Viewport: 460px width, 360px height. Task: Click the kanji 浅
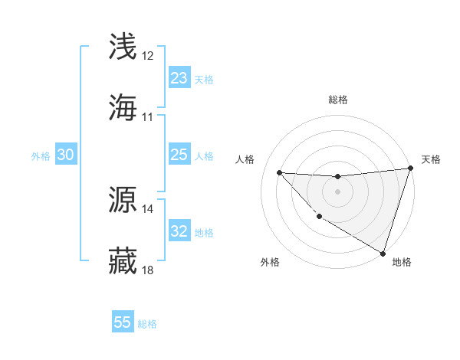123,47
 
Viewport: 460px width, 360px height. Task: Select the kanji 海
123,107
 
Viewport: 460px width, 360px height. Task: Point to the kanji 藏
123,260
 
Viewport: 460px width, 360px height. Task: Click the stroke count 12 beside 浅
148,56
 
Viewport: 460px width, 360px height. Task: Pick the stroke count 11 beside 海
148,117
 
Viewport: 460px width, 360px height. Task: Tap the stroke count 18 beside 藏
148,270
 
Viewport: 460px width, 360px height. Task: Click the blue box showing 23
179,78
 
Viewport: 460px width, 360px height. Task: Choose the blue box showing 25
179,155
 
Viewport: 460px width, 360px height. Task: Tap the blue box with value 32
179,231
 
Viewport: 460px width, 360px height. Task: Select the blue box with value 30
66,155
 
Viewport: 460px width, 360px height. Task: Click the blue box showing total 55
123,322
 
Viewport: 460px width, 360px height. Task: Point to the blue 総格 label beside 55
148,324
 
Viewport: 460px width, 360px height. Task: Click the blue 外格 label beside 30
41,156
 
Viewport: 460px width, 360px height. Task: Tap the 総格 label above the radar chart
337,100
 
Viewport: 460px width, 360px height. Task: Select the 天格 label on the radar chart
431,159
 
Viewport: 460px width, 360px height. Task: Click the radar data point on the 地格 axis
383,253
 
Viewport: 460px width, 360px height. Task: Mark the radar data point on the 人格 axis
279,172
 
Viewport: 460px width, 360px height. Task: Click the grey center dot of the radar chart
337,191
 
